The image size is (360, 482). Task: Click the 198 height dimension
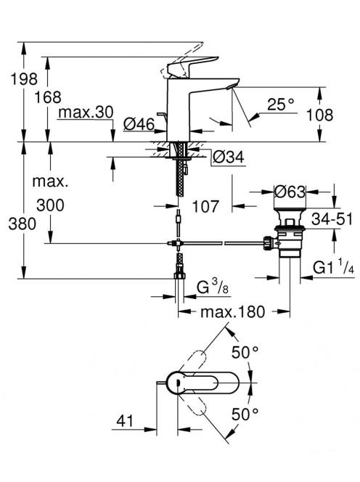[24, 78]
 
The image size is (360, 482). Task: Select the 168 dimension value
[48, 97]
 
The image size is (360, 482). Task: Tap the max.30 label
[86, 113]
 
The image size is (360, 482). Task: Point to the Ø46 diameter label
[139, 124]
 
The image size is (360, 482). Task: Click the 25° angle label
[280, 105]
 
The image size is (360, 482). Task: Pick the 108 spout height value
[320, 115]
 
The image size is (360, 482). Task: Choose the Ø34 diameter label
[229, 158]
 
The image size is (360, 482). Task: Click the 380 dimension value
[22, 224]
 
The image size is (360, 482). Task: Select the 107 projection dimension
[205, 206]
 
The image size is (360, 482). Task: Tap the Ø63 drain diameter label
[290, 192]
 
